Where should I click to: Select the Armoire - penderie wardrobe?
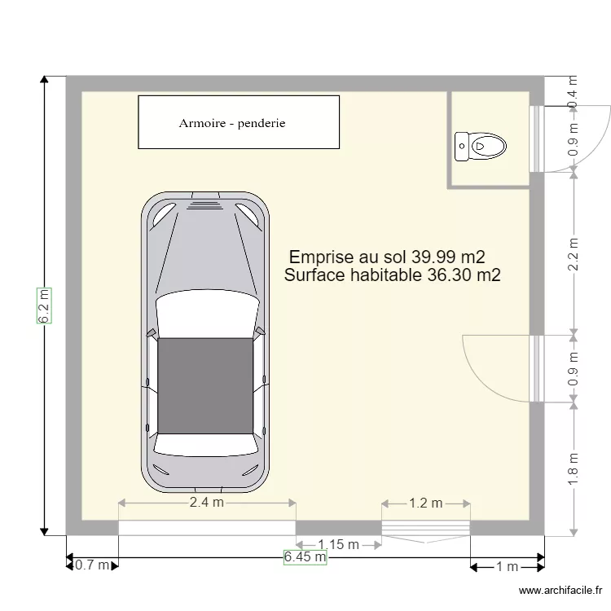pyautogui.click(x=238, y=122)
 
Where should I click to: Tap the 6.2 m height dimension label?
pyautogui.click(x=44, y=305)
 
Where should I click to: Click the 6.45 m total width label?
pyautogui.click(x=305, y=557)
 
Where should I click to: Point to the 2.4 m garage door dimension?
pyautogui.click(x=206, y=503)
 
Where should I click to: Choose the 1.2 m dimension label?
pyautogui.click(x=425, y=503)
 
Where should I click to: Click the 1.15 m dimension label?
pyautogui.click(x=338, y=544)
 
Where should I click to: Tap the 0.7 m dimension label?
pyautogui.click(x=91, y=565)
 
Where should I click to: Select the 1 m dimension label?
pyautogui.click(x=507, y=566)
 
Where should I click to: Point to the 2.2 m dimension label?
pyautogui.click(x=574, y=253)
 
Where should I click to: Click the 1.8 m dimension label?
pyautogui.click(x=574, y=469)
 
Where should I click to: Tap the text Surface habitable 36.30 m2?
pyautogui.click(x=393, y=275)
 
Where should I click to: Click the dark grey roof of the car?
pyautogui.click(x=205, y=385)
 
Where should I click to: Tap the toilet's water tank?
pyautogui.click(x=462, y=147)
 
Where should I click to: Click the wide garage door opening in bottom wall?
pyautogui.click(x=207, y=528)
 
